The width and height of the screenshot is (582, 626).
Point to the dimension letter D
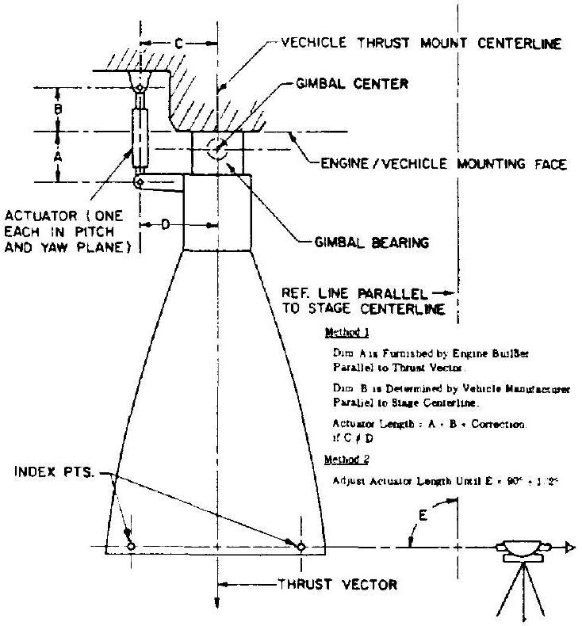tap(166, 225)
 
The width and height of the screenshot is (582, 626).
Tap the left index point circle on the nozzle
tap(131, 547)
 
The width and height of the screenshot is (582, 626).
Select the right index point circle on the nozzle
tap(301, 547)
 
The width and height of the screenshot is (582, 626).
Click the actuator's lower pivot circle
tap(139, 182)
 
